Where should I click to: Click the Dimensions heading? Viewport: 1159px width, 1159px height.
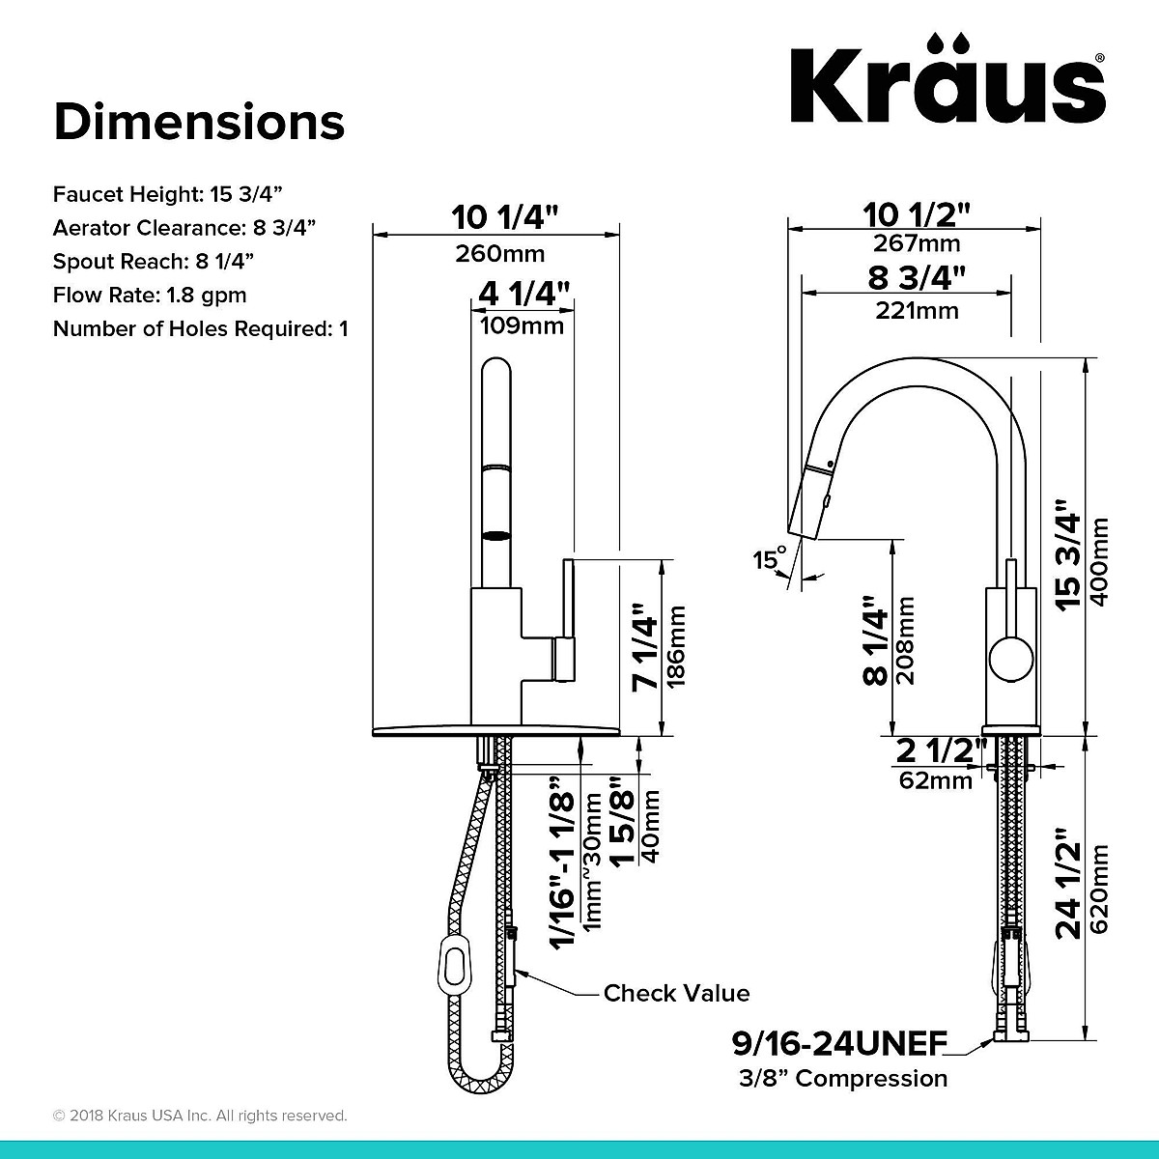point(199,123)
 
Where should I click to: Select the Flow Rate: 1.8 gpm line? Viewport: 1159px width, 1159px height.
point(150,295)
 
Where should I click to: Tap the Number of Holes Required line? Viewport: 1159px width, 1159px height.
point(200,328)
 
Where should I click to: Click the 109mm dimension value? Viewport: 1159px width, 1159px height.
point(522,325)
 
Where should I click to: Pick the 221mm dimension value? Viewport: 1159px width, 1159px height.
point(917,310)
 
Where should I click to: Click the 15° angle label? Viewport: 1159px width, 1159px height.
point(770,558)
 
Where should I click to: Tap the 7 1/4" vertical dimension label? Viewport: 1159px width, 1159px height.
point(645,647)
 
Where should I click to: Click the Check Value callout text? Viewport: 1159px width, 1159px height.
point(676,993)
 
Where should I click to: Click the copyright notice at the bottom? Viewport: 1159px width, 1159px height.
point(200,1116)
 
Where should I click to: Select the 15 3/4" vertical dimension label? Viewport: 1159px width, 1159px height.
point(1069,554)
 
